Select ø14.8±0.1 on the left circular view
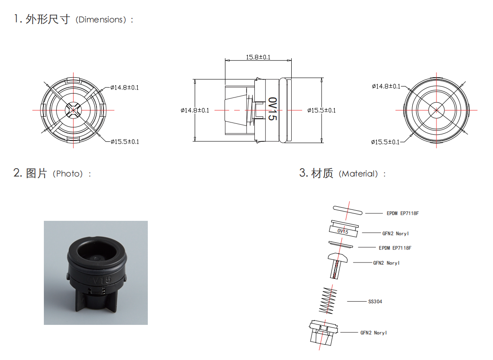[124, 87]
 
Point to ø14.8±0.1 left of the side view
[195, 110]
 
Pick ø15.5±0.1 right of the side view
[322, 110]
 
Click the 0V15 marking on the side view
[272, 109]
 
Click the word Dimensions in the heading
[100, 20]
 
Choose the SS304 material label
[375, 302]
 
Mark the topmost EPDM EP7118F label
[403, 213]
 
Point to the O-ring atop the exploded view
[348, 209]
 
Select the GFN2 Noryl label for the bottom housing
[374, 333]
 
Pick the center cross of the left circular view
[73, 110]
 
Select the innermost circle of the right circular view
[437, 110]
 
